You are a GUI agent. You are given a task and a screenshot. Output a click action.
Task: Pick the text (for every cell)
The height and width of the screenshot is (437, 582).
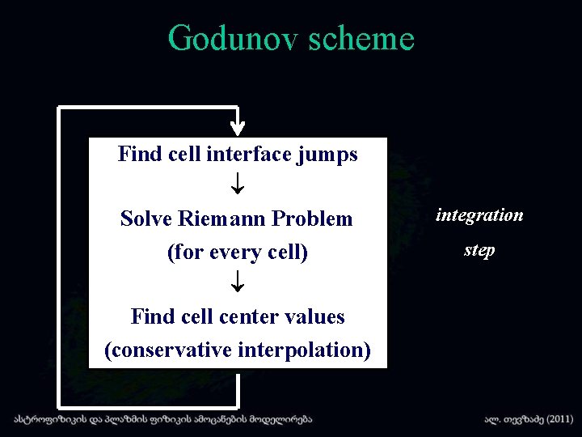coord(238,252)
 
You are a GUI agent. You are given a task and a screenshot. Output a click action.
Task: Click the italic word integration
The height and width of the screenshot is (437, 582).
coord(479,215)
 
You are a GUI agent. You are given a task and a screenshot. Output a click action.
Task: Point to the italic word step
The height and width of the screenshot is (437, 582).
coord(479,250)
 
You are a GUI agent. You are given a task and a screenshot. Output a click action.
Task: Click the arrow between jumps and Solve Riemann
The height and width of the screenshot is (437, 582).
coord(238,186)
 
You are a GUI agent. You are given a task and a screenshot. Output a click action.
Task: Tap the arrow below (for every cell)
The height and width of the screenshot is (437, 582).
coord(238,283)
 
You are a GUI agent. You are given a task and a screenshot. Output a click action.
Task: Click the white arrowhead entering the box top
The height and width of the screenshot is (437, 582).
coord(238,127)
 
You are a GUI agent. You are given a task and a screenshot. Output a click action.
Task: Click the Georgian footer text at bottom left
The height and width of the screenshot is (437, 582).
coord(162,420)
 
